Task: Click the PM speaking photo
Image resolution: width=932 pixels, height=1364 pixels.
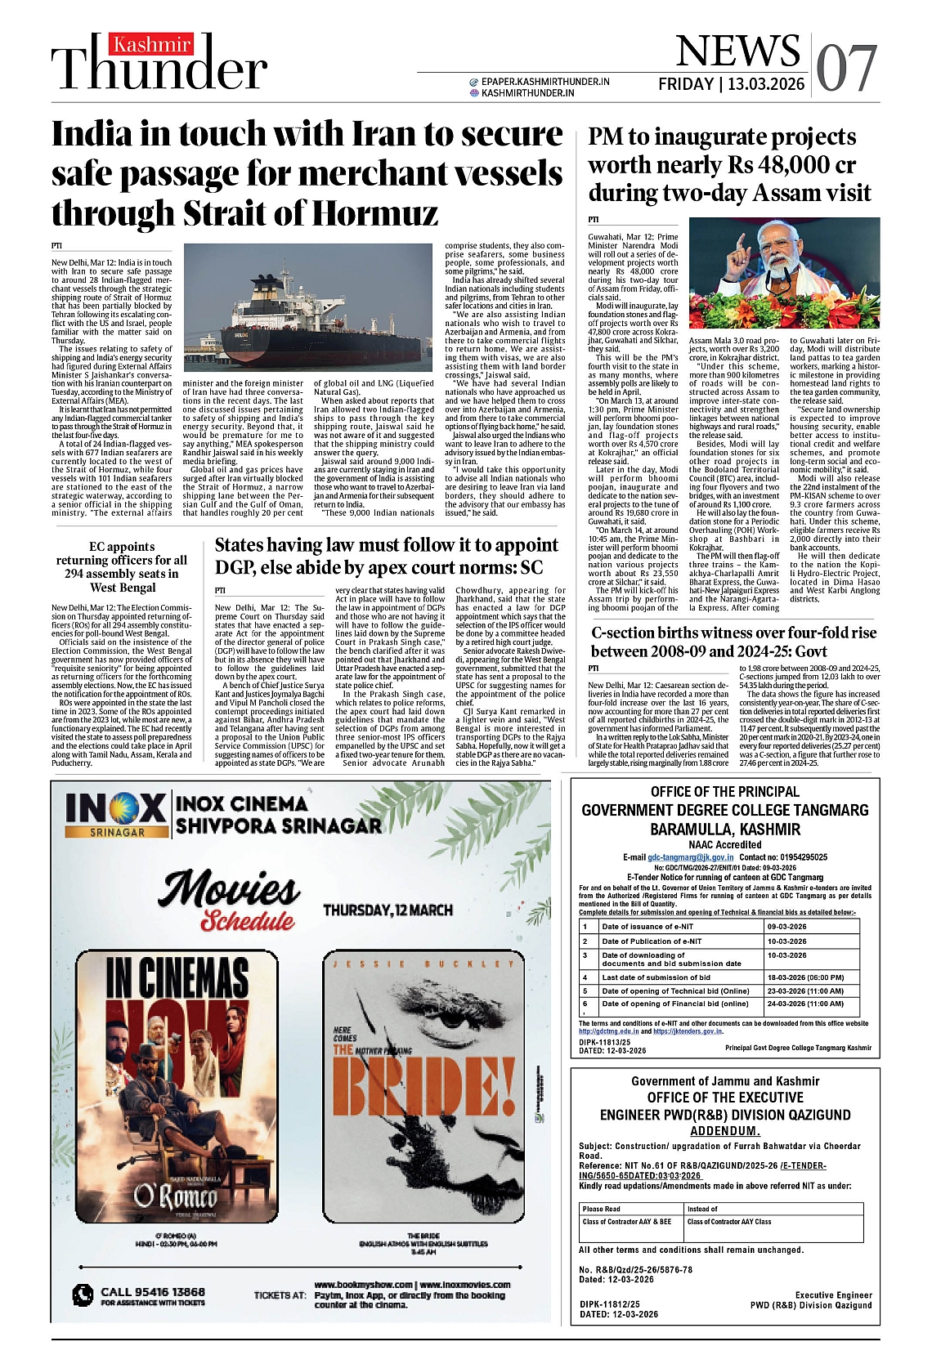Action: pyautogui.click(x=784, y=274)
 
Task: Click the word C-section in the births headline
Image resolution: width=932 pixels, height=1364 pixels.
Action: pyautogui.click(x=634, y=633)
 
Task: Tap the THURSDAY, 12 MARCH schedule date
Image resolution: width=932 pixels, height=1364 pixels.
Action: pyautogui.click(x=388, y=910)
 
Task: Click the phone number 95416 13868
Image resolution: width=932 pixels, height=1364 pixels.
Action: pyautogui.click(x=153, y=1291)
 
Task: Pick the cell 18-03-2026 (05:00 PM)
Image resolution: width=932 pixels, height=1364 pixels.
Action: pyautogui.click(x=805, y=977)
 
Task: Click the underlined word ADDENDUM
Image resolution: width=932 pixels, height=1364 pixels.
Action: pyautogui.click(x=724, y=1131)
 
